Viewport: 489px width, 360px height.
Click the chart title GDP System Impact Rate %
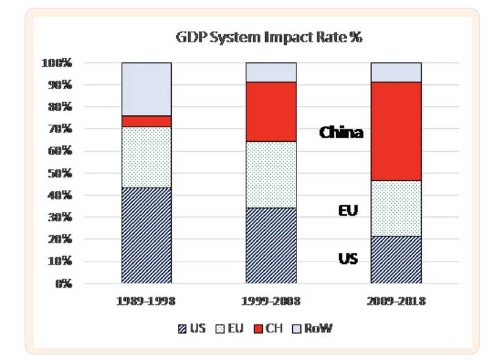pos(269,37)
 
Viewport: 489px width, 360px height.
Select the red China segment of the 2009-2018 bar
pos(396,131)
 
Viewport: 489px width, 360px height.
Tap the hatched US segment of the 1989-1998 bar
pos(147,235)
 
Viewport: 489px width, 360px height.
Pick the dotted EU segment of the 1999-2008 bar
pos(271,175)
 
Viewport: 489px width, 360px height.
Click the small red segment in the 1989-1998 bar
pos(147,122)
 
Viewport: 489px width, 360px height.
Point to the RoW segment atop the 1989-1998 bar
pos(147,89)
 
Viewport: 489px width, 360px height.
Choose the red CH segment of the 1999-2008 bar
pos(271,112)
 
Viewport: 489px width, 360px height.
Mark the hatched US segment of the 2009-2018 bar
pos(396,260)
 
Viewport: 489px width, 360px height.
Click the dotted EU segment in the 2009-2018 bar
pos(396,208)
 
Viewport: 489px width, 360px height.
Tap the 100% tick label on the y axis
pos(57,63)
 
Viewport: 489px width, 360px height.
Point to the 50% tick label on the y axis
pos(60,173)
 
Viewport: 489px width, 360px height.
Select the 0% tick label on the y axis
pos(64,284)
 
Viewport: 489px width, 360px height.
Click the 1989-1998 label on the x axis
pos(146,301)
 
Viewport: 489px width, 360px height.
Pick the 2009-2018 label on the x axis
pos(396,301)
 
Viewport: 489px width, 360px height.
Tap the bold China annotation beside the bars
pos(341,133)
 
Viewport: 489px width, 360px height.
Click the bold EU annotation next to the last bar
pos(348,211)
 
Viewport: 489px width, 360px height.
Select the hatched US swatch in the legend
pos(182,329)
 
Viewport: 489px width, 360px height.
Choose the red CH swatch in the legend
pos(258,329)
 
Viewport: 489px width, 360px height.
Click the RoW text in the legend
pos(318,328)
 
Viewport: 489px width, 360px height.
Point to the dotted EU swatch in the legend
pos(220,329)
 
